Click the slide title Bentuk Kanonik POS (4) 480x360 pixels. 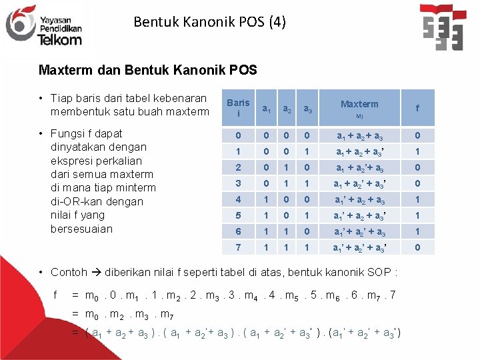tap(209, 22)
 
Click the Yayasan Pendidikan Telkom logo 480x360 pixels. tap(43, 25)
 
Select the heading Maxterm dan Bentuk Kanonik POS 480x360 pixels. tap(147, 70)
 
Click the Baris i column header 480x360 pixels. tap(238, 107)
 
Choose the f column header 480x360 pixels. tap(417, 107)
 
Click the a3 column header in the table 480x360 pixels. tap(308, 108)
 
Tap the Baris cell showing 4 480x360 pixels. tap(238, 199)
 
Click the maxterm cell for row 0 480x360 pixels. tap(359, 135)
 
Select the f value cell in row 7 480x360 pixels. tap(417, 247)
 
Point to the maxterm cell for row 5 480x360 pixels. tap(359, 215)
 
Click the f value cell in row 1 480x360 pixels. tap(417, 151)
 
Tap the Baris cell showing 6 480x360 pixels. tap(238, 231)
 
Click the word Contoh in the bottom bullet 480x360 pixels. tap(69, 272)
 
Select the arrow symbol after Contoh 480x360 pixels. tap(97, 272)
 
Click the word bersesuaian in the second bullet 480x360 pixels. tap(82, 229)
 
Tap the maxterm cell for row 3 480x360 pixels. tap(359, 183)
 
